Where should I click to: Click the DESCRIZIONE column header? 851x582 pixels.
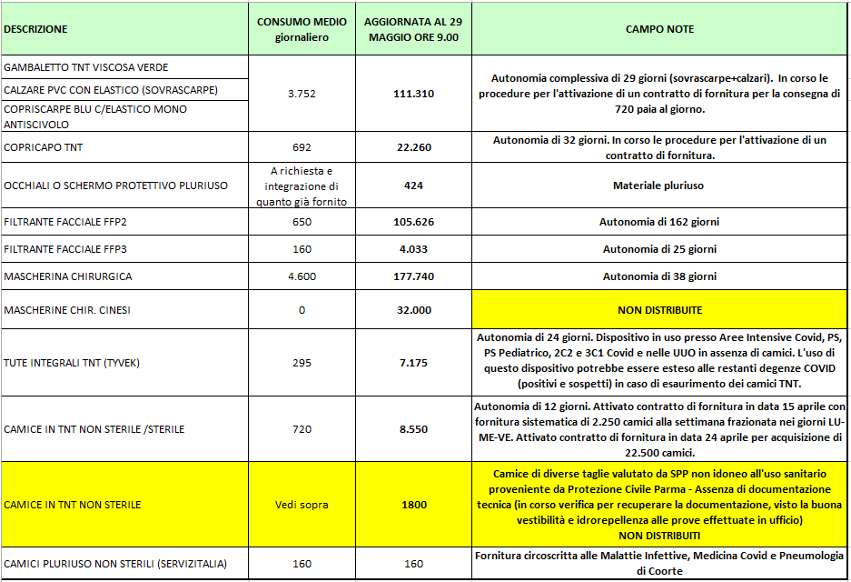[35, 29]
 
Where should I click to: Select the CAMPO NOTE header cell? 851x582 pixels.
[659, 29]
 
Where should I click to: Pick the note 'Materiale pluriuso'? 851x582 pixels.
[659, 186]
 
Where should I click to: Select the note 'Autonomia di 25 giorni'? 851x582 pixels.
[659, 249]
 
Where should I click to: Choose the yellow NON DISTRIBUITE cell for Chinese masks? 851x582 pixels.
[659, 310]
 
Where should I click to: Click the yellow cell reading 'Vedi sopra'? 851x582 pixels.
[302, 505]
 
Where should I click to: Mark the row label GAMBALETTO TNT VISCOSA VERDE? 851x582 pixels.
[86, 67]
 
